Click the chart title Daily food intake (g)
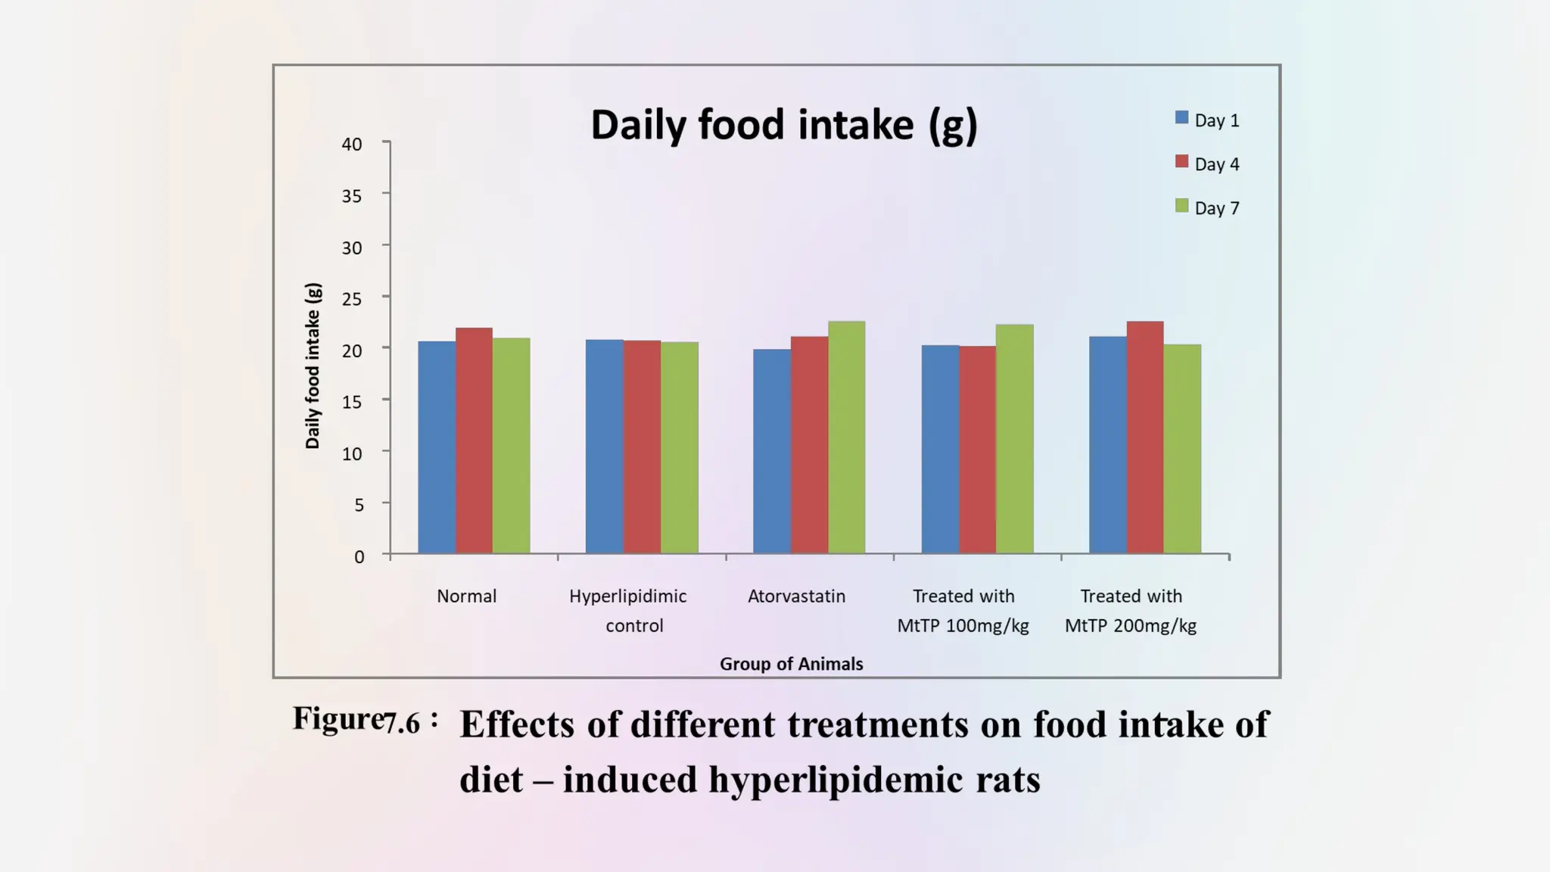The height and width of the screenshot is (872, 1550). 783,125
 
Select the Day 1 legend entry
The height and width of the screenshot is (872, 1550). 1207,120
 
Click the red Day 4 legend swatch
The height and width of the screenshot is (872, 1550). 1181,162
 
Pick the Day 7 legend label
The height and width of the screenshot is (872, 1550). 1216,208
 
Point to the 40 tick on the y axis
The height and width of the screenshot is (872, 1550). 352,144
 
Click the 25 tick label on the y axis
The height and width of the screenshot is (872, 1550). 352,299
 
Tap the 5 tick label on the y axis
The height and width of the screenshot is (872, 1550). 359,505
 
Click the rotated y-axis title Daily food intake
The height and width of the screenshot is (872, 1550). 313,366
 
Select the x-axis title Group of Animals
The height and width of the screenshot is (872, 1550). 791,664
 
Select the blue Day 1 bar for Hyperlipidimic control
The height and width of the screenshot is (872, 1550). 604,447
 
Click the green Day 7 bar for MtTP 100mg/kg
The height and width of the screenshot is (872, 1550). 1014,439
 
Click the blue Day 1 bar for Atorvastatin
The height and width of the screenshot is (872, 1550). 771,451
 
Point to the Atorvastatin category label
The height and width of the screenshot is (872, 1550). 796,596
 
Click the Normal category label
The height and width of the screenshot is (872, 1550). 466,596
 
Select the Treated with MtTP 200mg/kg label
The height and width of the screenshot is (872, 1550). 1131,611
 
